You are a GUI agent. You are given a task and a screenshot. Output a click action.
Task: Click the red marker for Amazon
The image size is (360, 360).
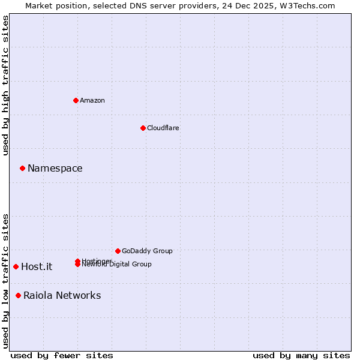coord(76,100)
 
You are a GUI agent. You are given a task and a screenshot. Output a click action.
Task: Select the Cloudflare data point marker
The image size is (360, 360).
coord(143,128)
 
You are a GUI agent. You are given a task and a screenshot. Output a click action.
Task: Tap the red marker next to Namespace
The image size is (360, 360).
coord(22,168)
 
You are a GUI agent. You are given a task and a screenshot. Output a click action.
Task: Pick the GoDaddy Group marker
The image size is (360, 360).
coord(118,251)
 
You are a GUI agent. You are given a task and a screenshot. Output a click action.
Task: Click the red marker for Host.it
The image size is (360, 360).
coord(16,266)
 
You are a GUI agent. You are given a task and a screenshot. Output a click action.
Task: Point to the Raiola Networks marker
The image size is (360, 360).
coord(18,295)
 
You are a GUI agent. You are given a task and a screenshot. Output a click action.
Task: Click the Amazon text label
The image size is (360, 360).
coord(92,100)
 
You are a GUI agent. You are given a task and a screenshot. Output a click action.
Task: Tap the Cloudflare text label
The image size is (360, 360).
coord(163,128)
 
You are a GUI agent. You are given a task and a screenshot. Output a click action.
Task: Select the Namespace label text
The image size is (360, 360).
coord(55,169)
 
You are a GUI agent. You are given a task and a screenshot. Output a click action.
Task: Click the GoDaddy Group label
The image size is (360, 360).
coord(147,251)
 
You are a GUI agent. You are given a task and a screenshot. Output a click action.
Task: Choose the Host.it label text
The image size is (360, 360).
coord(37,267)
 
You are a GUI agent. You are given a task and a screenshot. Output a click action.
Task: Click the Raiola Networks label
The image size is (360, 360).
coord(62,295)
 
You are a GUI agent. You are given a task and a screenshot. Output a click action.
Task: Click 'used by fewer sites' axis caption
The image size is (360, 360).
coord(62,355)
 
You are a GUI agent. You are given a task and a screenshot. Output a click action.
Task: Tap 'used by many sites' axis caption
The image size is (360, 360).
coord(301,355)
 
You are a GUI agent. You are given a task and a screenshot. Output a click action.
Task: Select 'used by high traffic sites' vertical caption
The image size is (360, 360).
coord(5,85)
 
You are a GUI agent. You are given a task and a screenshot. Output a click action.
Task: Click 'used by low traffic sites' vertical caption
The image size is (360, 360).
coord(5,281)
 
